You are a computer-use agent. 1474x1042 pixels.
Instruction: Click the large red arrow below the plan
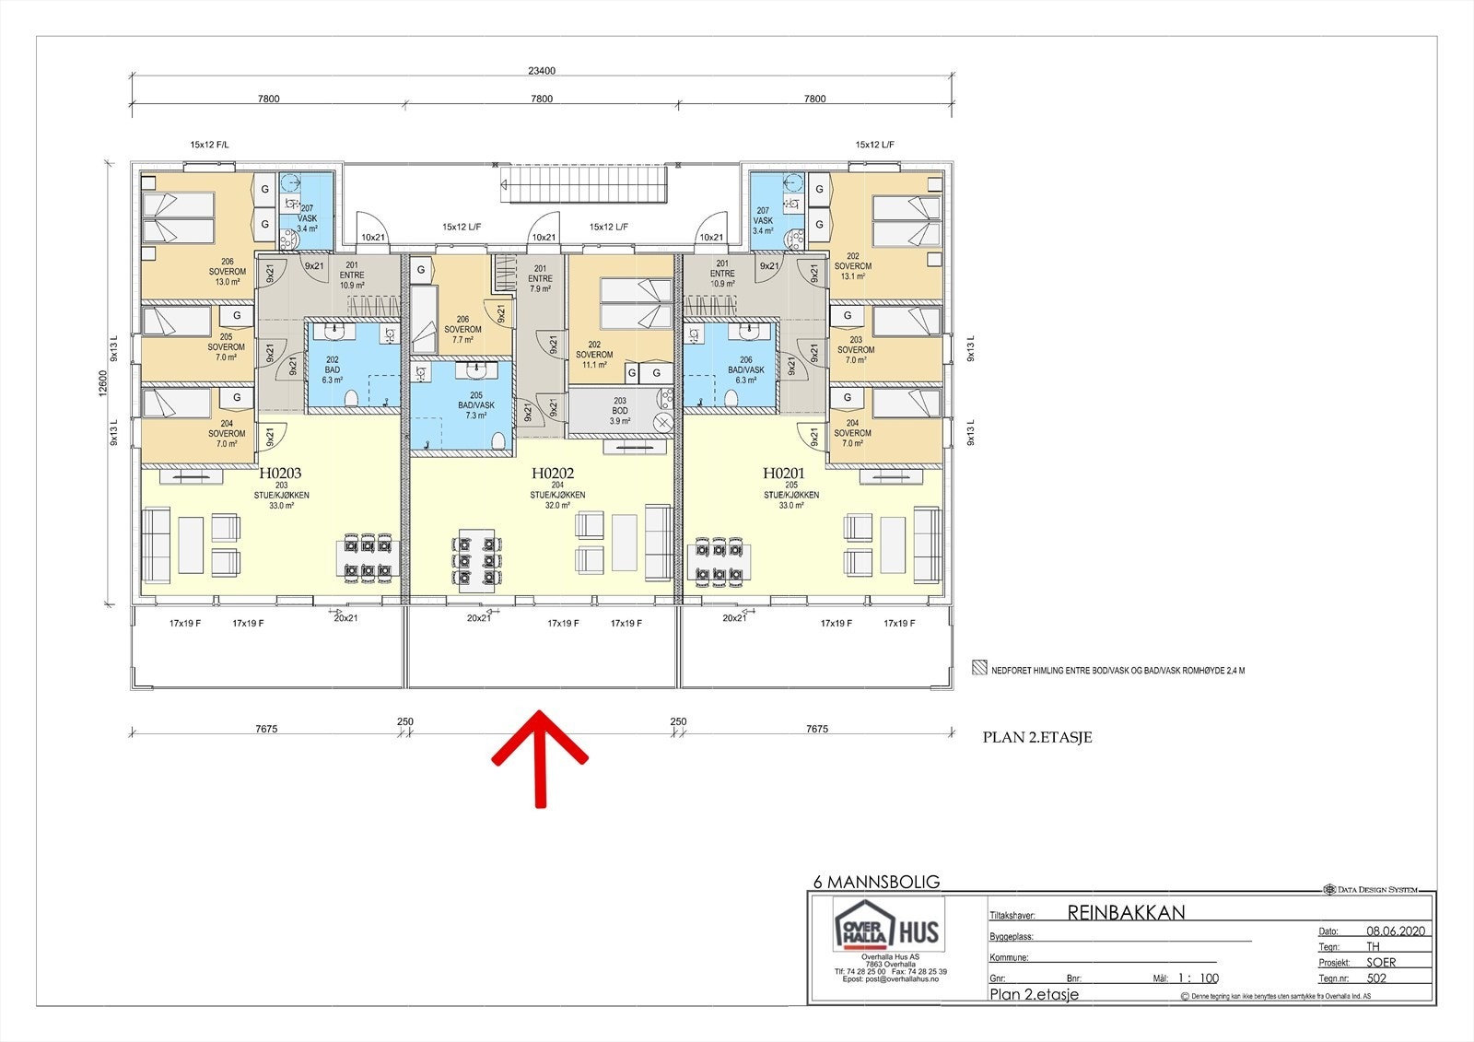pyautogui.click(x=540, y=755)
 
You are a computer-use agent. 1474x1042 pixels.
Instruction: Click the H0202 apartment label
pyautogui.click(x=553, y=474)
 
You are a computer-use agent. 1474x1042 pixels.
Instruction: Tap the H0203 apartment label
pyautogui.click(x=280, y=474)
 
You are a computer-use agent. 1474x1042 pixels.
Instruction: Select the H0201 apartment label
pyautogui.click(x=784, y=474)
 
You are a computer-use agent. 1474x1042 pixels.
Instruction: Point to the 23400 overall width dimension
pyautogui.click(x=542, y=71)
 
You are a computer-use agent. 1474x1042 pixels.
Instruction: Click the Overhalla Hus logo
pyautogui.click(x=888, y=931)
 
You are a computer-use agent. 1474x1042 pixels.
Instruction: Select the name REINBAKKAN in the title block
pyautogui.click(x=1126, y=913)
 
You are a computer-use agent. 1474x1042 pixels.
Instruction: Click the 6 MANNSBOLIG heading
pyautogui.click(x=876, y=882)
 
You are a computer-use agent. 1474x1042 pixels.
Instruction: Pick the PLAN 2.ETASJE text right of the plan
pyautogui.click(x=1037, y=737)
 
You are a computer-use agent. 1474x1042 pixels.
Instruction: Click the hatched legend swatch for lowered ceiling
pyautogui.click(x=980, y=670)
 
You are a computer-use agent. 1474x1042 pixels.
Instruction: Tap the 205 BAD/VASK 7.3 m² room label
pyautogui.click(x=476, y=405)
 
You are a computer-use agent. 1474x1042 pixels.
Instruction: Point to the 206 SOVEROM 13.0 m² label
pyautogui.click(x=227, y=272)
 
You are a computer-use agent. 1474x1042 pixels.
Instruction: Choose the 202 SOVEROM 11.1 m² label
pyautogui.click(x=594, y=355)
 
